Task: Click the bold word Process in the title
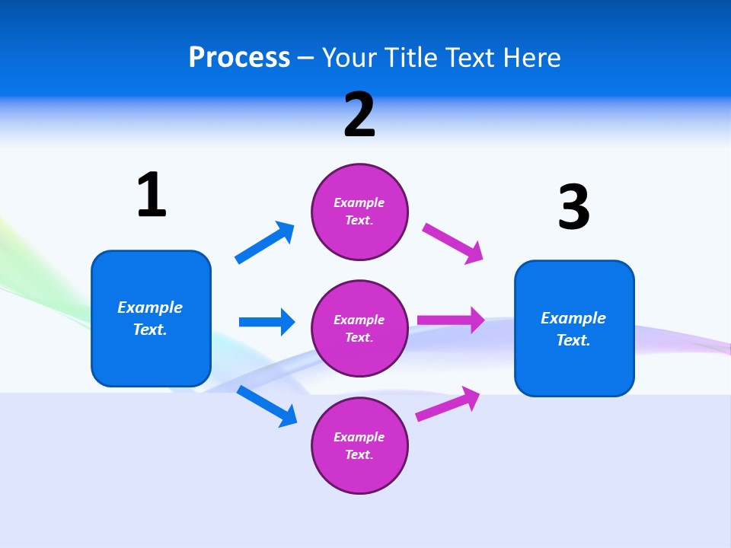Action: (x=239, y=58)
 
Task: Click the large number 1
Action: (x=152, y=195)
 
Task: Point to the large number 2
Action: (x=359, y=115)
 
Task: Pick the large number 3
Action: (x=573, y=208)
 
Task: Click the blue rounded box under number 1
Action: (x=151, y=318)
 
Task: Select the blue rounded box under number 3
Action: (x=574, y=328)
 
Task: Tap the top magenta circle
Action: (x=359, y=212)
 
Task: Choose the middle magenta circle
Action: (x=359, y=329)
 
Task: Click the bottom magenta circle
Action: (x=359, y=446)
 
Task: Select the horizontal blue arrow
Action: (x=267, y=322)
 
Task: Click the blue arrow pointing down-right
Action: (x=267, y=406)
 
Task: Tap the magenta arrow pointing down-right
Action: (x=453, y=244)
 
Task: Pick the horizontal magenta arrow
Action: (x=451, y=320)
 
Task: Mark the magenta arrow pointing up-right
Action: (x=448, y=403)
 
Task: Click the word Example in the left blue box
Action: (x=150, y=307)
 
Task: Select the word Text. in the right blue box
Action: (x=573, y=340)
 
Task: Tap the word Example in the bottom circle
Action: (x=359, y=437)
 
